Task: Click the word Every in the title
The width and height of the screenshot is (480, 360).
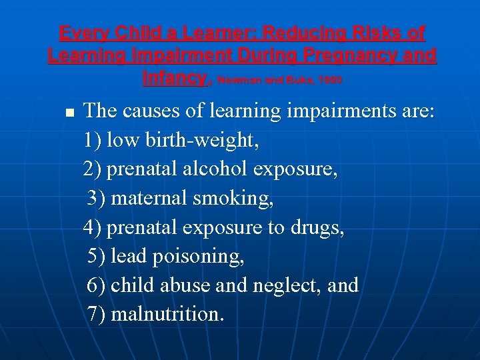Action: point(83,33)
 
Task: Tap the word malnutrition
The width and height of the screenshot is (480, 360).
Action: point(167,314)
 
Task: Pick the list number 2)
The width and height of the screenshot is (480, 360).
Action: point(93,169)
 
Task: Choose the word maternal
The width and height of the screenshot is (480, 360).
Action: point(148,198)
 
